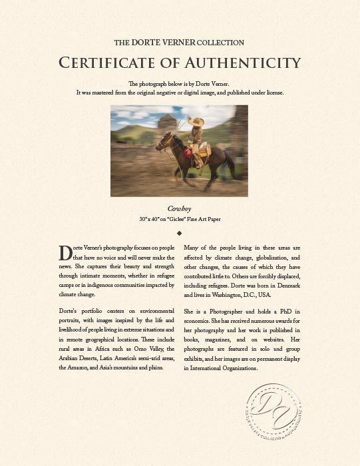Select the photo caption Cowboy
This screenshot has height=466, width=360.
[x=179, y=208]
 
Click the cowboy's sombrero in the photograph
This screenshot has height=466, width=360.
[x=195, y=122]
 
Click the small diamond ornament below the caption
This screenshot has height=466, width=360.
[x=180, y=233]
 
